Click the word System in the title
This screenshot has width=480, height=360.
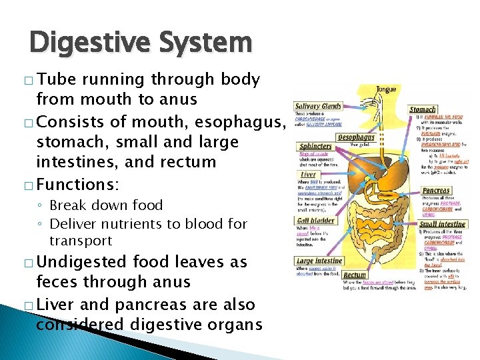(x=213, y=43)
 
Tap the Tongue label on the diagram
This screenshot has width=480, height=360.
(x=386, y=89)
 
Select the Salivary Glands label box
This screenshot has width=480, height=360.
(x=319, y=106)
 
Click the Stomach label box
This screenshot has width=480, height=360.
(x=423, y=109)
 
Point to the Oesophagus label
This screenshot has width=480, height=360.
(x=356, y=137)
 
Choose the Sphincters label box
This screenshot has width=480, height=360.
(x=316, y=146)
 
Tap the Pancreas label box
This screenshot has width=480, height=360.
(x=436, y=191)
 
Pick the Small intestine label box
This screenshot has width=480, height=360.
(x=443, y=224)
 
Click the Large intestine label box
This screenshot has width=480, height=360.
(x=319, y=261)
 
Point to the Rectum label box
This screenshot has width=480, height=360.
(x=355, y=274)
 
